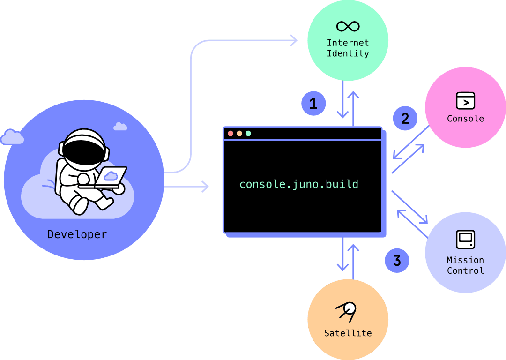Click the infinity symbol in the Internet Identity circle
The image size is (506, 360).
[x=348, y=26]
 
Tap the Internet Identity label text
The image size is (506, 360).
[x=348, y=48]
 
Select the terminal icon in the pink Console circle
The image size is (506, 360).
[x=465, y=100]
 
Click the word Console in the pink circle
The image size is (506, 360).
[x=465, y=119]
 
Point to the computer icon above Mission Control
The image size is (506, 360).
[x=465, y=239]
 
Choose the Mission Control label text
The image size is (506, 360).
[x=465, y=265]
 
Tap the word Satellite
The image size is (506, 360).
[x=348, y=333]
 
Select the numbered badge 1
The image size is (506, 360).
[x=313, y=104]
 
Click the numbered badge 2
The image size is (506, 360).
[x=405, y=118]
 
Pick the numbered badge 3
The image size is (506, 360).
[x=397, y=260]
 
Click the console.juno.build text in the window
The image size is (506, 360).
[x=299, y=184]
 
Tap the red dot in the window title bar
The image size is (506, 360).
[x=231, y=134]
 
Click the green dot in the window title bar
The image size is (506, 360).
[x=248, y=134]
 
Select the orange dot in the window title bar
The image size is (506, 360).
[x=239, y=134]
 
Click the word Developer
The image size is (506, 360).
[x=77, y=234]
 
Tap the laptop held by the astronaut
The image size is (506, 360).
[x=110, y=177]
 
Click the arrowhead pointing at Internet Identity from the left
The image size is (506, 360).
[x=294, y=41]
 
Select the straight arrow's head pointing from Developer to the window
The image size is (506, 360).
[x=205, y=186]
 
